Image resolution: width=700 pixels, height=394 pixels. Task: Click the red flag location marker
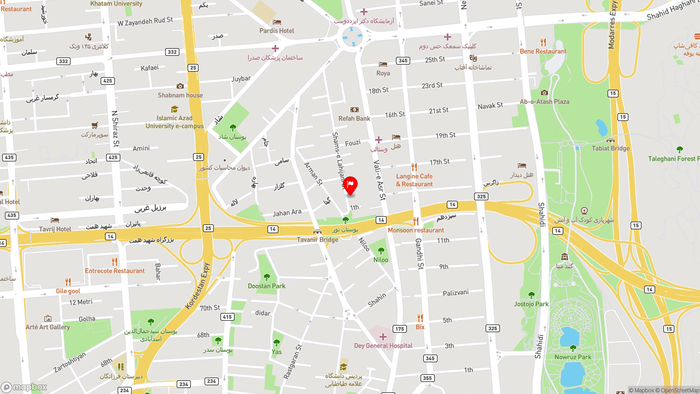click(x=351, y=184)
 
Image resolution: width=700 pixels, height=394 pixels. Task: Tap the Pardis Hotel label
click(x=277, y=31)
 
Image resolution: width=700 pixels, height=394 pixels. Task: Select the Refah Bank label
click(x=354, y=118)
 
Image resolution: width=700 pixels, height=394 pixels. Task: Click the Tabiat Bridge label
click(x=610, y=148)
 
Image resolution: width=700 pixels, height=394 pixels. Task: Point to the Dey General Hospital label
click(x=383, y=346)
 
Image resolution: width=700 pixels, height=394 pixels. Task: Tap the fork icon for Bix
click(x=420, y=318)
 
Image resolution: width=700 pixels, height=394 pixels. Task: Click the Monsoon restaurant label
click(x=416, y=230)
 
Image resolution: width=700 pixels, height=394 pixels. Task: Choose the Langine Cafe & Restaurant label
click(x=414, y=180)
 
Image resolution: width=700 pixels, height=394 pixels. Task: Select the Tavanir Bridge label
click(x=317, y=240)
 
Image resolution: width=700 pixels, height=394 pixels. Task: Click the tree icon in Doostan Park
click(x=267, y=277)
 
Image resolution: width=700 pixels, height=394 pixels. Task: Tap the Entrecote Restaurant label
click(x=115, y=271)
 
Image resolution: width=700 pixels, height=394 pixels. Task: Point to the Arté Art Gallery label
click(x=48, y=327)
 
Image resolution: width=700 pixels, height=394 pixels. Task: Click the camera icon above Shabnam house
click(x=180, y=86)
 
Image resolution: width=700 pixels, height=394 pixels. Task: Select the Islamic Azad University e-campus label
click(x=174, y=122)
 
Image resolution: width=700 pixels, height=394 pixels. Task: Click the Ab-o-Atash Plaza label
click(x=544, y=102)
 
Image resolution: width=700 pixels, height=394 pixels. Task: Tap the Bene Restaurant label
click(x=543, y=51)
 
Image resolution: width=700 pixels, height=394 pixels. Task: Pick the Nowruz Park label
click(x=573, y=357)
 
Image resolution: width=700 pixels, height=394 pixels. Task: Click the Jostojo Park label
click(x=531, y=304)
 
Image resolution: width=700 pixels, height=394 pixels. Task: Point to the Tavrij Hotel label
click(x=55, y=229)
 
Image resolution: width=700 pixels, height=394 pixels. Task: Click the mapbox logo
click(x=24, y=387)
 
